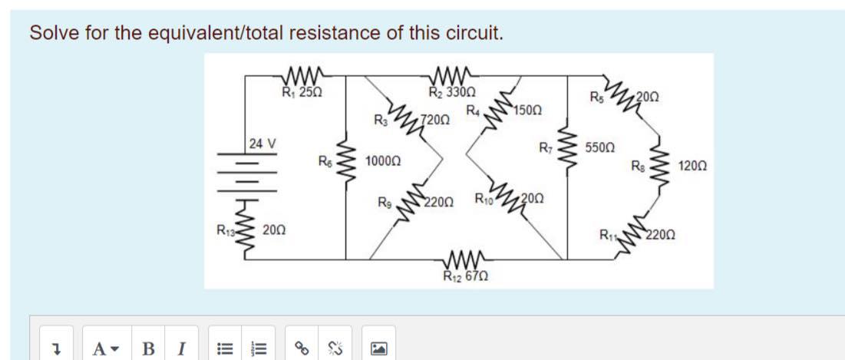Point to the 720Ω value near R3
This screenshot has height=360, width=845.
(435, 120)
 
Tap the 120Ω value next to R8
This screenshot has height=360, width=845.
(693, 165)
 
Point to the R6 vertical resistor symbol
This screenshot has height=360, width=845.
(346, 161)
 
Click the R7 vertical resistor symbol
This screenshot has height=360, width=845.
(567, 147)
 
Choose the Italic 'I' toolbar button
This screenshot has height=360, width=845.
(180, 349)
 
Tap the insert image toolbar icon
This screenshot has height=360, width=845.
(379, 349)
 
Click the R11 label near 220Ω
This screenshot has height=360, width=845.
(609, 236)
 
